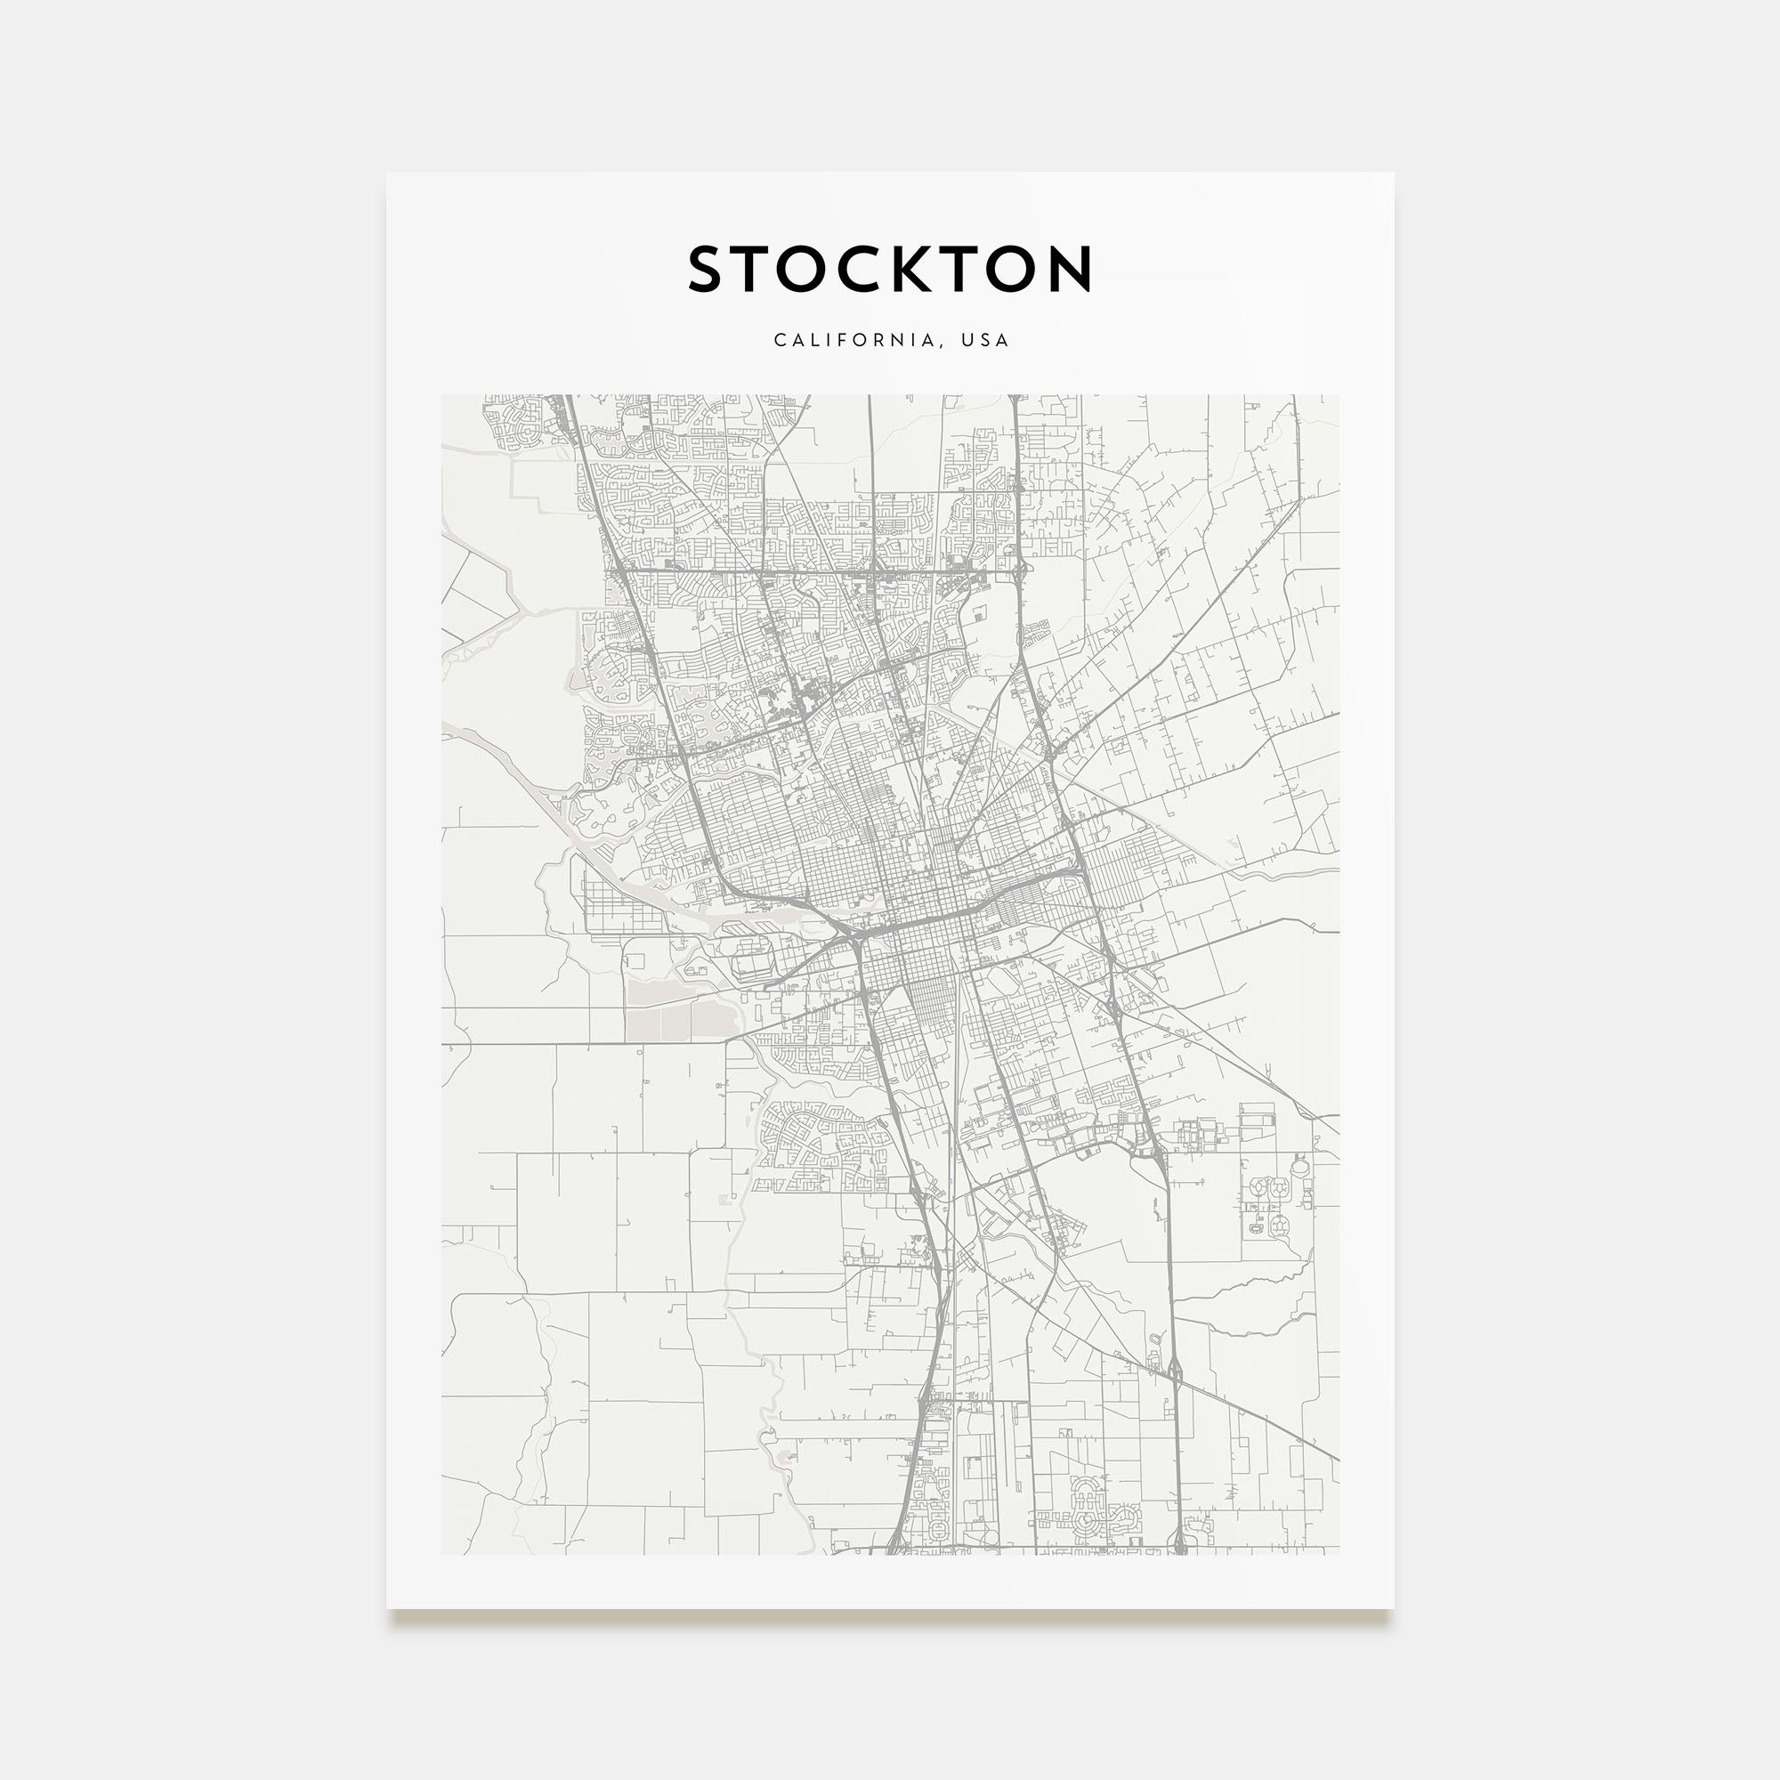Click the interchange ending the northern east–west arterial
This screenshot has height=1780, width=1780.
click(1020, 572)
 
